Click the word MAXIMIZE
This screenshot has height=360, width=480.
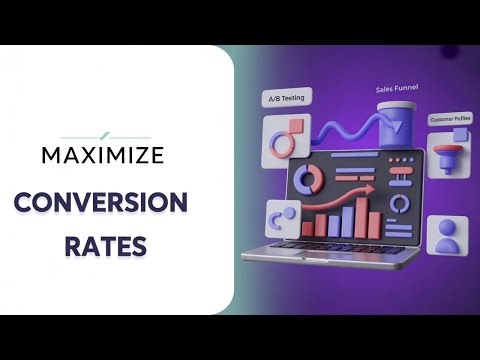click(x=103, y=155)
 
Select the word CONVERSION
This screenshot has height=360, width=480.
click(x=101, y=203)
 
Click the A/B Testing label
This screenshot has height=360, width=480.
click(x=286, y=99)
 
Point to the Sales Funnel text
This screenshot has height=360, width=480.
click(x=396, y=89)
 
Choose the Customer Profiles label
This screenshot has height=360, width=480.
click(x=449, y=120)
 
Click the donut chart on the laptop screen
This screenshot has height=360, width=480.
click(x=308, y=181)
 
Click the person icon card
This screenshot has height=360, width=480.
click(x=446, y=239)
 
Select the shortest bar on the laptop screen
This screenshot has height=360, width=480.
click(x=307, y=228)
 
